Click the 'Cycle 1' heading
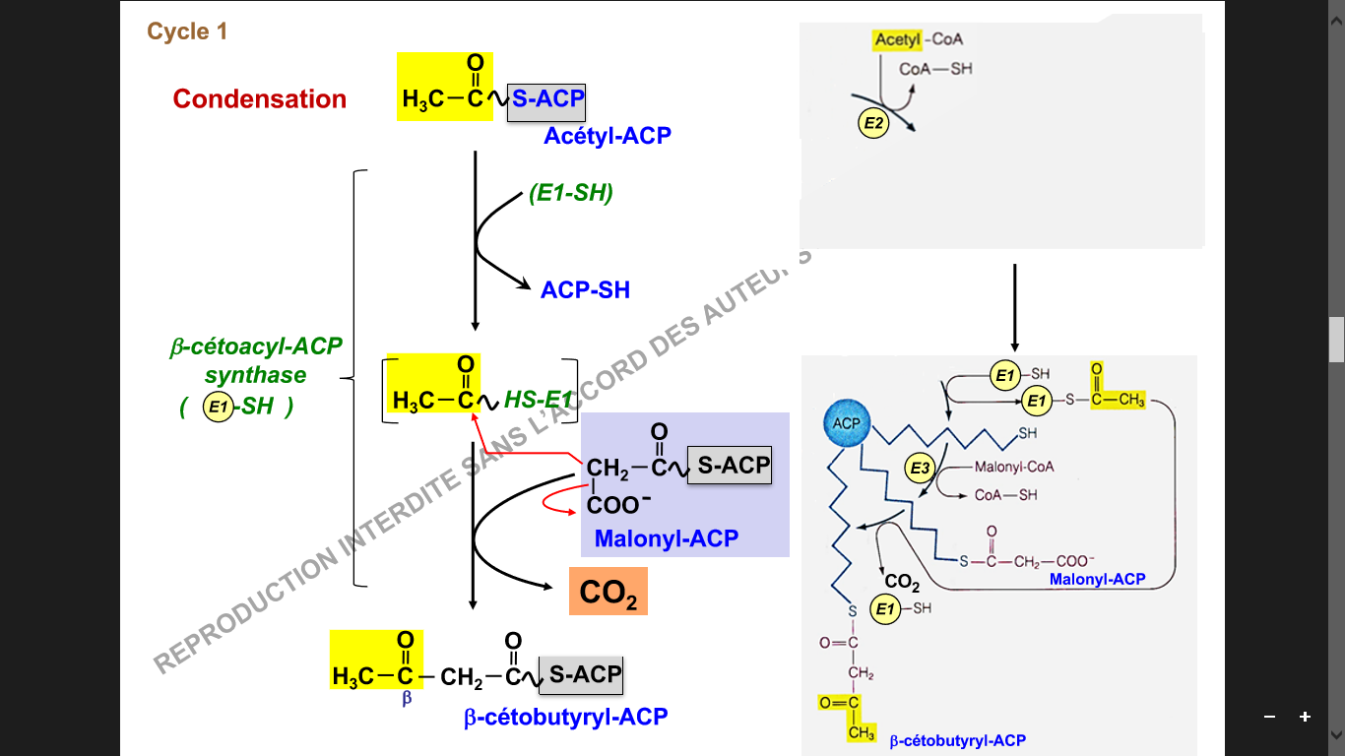coord(187,31)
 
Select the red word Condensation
coord(260,99)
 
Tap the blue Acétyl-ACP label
coord(607,136)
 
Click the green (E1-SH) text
coord(571,194)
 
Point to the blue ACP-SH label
coord(585,289)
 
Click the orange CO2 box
coord(608,593)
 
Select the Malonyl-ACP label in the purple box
coord(666,538)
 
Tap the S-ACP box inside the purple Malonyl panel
coord(729,466)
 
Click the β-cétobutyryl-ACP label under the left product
coord(565,717)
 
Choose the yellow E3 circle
coord(920,470)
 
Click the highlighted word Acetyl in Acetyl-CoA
coord(895,40)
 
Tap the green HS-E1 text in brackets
coord(538,400)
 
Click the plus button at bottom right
coord(1305,717)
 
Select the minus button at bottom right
coord(1269,717)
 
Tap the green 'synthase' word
coord(255,375)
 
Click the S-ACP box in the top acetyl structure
coord(546,99)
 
